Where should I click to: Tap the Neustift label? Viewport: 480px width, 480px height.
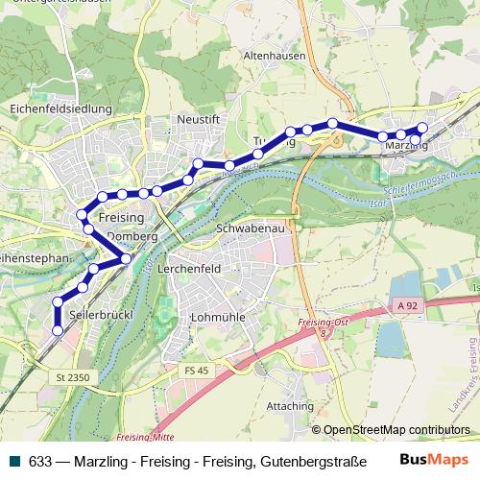tap(199, 119)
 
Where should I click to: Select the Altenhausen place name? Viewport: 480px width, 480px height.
tap(275, 57)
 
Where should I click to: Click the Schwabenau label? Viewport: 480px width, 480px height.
tap(249, 230)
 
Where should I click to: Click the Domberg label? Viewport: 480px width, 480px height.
tap(132, 236)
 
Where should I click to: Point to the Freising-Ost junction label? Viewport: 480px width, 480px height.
tap(323, 323)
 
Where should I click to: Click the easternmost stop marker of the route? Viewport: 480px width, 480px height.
tap(422, 128)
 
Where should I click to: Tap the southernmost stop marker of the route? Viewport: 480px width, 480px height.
tap(58, 330)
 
